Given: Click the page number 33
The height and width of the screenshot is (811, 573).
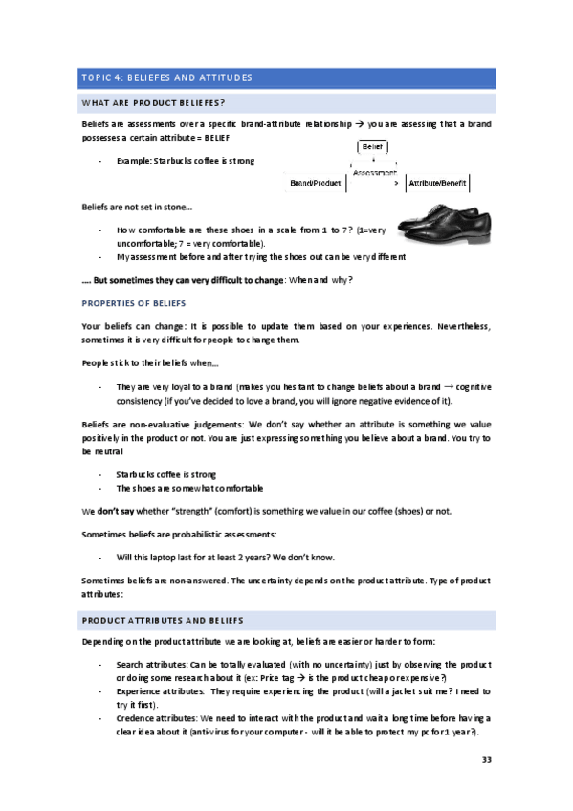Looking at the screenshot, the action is pos(485,760).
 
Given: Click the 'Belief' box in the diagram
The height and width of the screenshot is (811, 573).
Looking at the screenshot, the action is pos(373,147).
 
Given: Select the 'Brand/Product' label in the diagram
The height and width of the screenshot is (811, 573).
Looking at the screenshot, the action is pos(316,182).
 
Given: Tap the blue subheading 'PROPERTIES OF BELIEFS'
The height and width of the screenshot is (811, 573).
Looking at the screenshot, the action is pos(133,303).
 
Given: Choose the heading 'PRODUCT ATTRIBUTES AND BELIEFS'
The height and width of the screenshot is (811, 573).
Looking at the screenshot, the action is pos(164,620).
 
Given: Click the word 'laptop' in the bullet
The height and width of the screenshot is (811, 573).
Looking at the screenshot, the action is pos(165,556).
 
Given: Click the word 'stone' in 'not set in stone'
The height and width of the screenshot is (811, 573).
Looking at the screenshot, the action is pos(176,207).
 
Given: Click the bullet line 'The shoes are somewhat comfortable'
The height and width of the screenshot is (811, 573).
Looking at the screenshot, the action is pos(189,488).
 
